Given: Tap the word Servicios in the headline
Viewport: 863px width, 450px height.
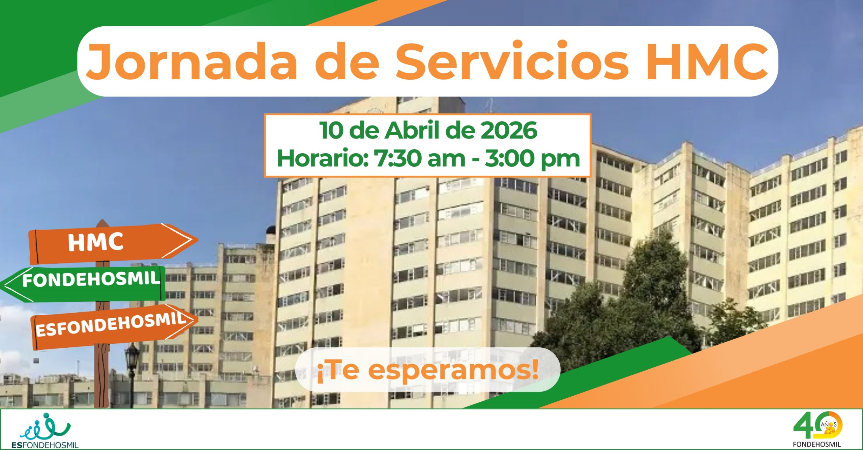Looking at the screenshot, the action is (x=512, y=61).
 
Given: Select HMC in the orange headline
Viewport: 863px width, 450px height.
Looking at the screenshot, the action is (x=707, y=61).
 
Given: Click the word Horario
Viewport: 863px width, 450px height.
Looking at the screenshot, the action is (x=322, y=158).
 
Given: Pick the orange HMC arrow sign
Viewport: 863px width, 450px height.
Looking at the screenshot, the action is (x=113, y=243).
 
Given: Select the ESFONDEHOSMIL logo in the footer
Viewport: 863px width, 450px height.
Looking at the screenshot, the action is (x=45, y=430).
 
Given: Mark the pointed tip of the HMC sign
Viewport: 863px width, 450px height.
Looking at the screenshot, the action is (x=198, y=239).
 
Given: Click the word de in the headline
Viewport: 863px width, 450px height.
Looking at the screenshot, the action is (x=347, y=61).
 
